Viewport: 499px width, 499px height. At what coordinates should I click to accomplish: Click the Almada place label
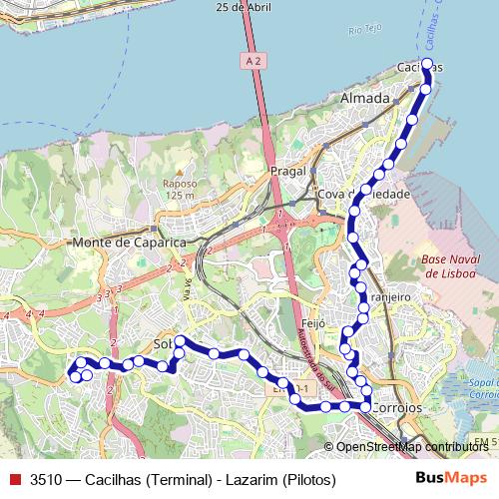pos(363,100)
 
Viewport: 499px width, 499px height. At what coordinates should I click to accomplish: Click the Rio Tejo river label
pos(366,31)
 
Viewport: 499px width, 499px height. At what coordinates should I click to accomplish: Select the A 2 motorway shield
pos(254,61)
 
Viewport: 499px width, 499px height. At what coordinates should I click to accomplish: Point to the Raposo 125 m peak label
pos(180,190)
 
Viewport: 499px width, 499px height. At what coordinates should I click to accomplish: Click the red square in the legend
pos(14,478)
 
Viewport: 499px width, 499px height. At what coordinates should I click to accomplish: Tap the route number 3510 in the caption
pos(47,478)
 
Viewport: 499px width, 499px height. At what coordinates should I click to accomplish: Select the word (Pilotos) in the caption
pos(309,478)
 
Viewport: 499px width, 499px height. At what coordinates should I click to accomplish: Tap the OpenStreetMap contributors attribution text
pos(411,447)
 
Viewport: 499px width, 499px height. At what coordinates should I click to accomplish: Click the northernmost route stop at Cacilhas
pos(427,64)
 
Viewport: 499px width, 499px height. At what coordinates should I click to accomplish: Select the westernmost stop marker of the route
pos(73,376)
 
